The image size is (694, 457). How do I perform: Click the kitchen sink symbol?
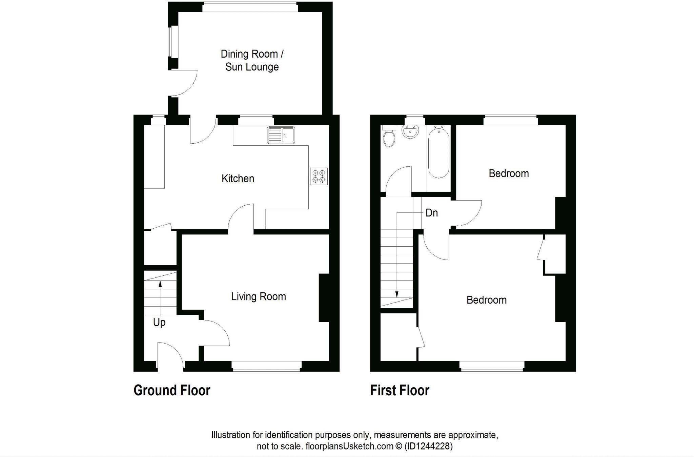pos(281,135)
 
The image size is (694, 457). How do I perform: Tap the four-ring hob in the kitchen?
pos(319,176)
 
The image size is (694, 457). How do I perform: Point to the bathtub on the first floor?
pos(438,153)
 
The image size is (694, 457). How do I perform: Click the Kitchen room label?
pos(238,179)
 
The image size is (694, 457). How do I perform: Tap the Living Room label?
pos(258,296)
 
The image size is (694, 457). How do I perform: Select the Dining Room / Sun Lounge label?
pos(252,60)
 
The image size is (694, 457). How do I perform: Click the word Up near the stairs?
pos(159,322)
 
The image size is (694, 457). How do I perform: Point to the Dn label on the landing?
pos(431,213)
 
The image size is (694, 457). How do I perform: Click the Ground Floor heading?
pos(172,390)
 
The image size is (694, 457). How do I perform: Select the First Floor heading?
pos(400,390)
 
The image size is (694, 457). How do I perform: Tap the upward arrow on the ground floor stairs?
pos(160,291)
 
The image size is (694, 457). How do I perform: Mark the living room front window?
pos(267,366)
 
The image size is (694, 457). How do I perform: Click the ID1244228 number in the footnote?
pos(429,446)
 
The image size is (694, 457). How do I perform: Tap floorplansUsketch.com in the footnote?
pos(349,446)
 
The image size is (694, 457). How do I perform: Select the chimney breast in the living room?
pos(324,297)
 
